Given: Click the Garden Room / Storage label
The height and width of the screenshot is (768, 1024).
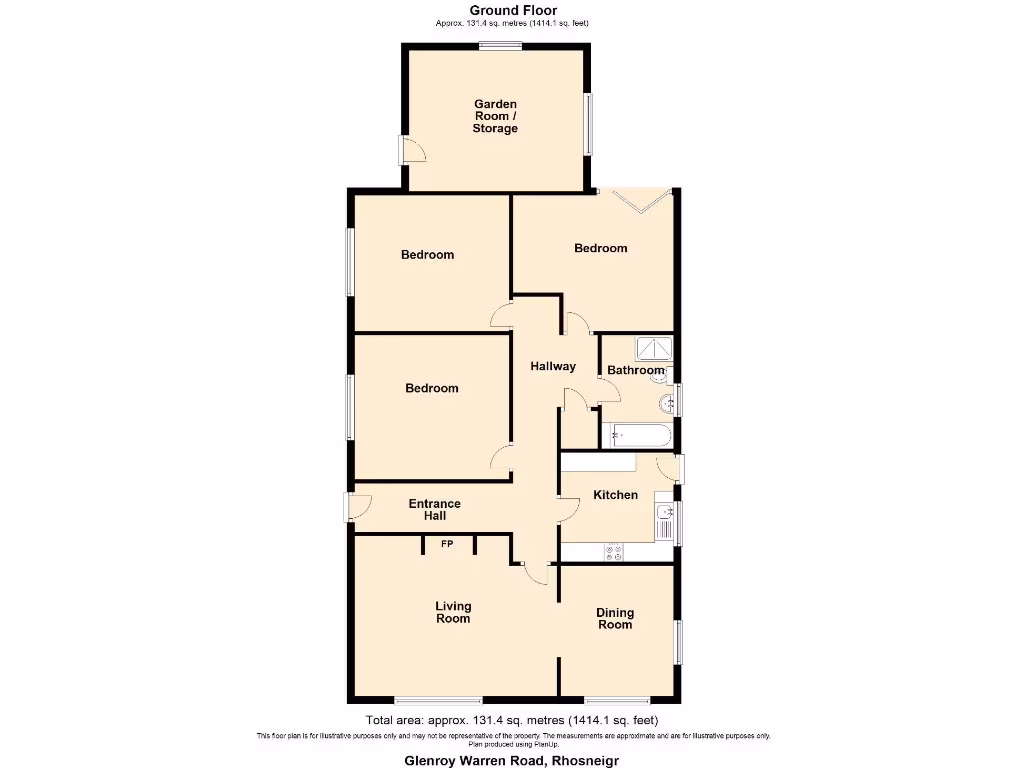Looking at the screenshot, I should tap(495, 116).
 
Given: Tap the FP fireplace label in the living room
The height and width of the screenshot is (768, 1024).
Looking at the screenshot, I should tap(447, 544).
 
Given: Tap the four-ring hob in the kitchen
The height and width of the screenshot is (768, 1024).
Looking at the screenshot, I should tap(611, 551).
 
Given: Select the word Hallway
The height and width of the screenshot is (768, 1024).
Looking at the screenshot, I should tap(553, 366).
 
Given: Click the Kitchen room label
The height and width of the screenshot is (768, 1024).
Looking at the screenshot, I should tap(615, 495).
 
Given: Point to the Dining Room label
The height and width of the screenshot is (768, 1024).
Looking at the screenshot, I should tap(615, 618).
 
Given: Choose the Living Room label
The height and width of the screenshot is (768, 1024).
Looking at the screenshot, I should tap(452, 612).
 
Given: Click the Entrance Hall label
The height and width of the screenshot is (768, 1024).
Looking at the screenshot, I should tap(434, 510).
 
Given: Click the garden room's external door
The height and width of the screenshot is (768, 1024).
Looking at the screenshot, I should tap(408, 150).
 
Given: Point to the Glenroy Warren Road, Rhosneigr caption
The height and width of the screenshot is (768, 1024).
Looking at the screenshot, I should tap(511, 760).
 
